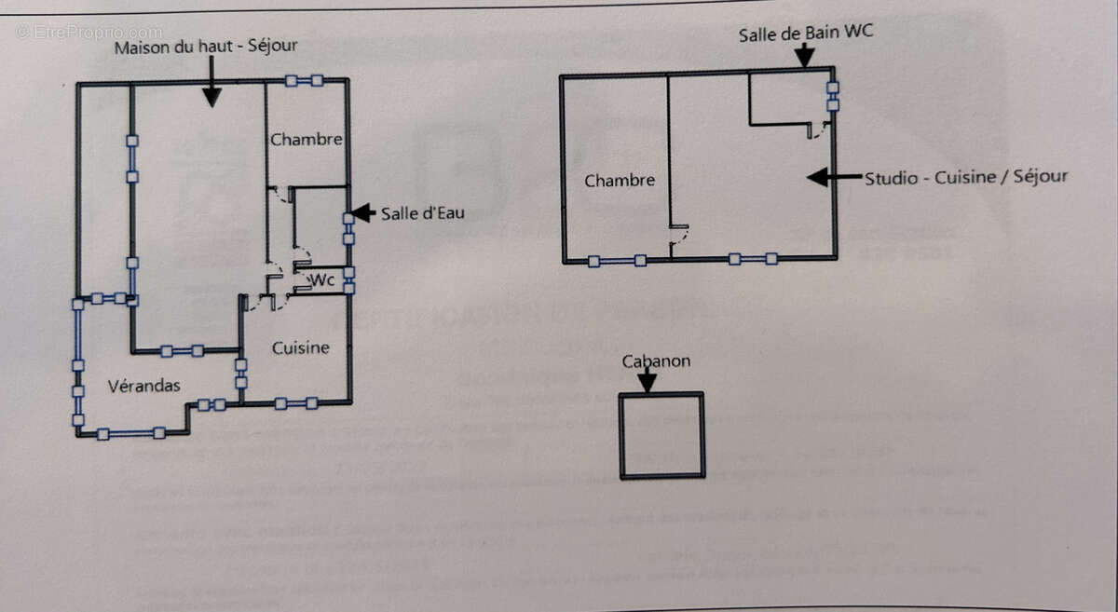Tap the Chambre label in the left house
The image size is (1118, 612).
[x=306, y=140]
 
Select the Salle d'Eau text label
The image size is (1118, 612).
[x=422, y=213]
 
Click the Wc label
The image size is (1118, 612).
[x=322, y=279]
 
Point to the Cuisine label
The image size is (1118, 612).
[x=300, y=348]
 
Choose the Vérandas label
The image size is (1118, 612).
[x=143, y=386]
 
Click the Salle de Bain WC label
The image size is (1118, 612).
[x=806, y=35]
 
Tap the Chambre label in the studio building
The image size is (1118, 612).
[x=620, y=181]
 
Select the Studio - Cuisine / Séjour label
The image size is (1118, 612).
[x=966, y=177]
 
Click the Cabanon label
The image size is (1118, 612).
[x=657, y=361]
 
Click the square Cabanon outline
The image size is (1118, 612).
[x=661, y=435]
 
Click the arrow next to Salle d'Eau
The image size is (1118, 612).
[x=363, y=212]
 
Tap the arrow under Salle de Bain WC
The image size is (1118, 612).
[x=803, y=56]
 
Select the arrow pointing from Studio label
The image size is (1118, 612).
[x=832, y=177]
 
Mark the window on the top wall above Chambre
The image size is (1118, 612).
[x=304, y=81]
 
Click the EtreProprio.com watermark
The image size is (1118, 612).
[x=89, y=33]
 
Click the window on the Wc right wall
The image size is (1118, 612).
[x=349, y=280]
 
